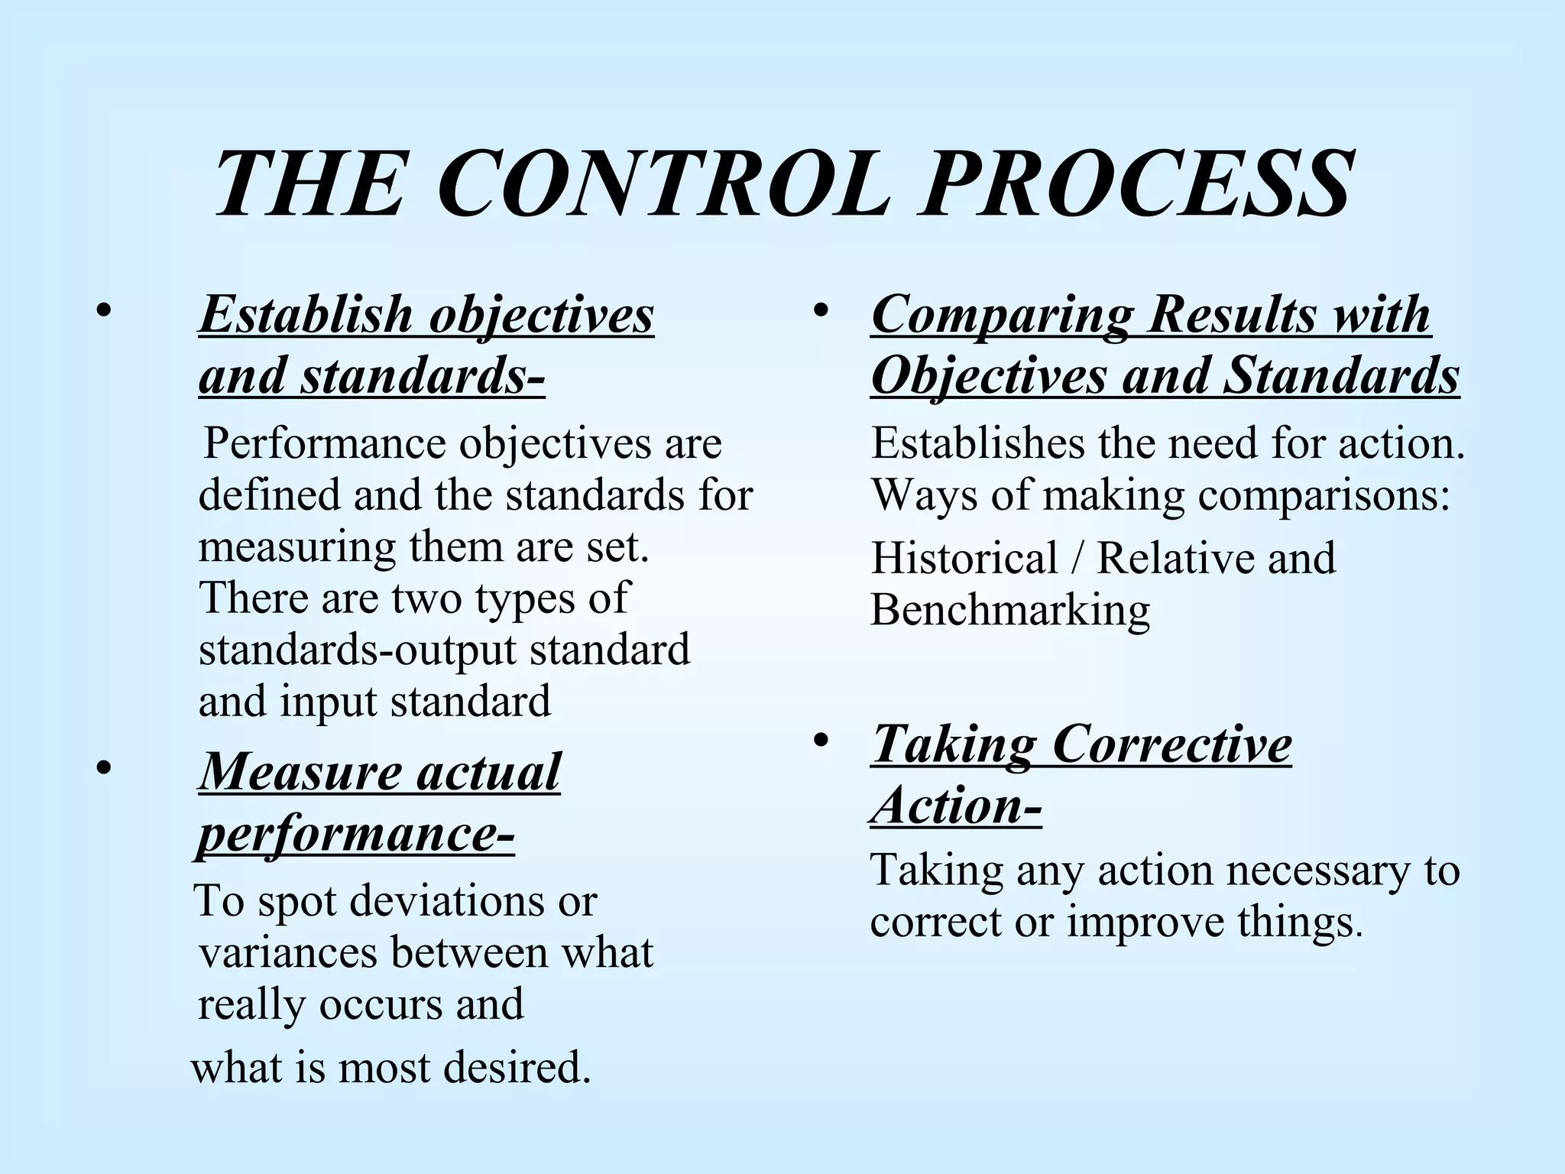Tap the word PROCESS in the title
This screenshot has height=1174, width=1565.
(1136, 185)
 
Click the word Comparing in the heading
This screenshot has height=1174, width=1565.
(998, 314)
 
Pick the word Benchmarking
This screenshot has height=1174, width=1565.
(1009, 611)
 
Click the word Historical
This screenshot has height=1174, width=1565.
(964, 558)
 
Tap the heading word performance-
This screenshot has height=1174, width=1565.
(356, 835)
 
